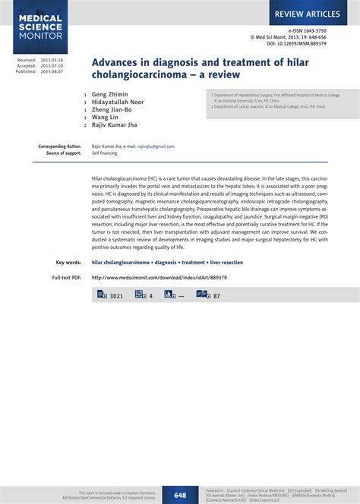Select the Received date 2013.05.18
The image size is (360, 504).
(52, 59)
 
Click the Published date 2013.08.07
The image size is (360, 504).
(52, 71)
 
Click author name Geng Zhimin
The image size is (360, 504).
(110, 96)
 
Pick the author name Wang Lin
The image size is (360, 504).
(106, 118)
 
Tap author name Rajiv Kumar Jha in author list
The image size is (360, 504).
(115, 126)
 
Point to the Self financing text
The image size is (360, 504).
(106, 153)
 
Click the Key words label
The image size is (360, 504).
(69, 263)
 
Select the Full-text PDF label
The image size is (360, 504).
(67, 278)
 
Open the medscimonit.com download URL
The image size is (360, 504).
(159, 278)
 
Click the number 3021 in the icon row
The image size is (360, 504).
(116, 296)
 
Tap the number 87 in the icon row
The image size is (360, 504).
(217, 296)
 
